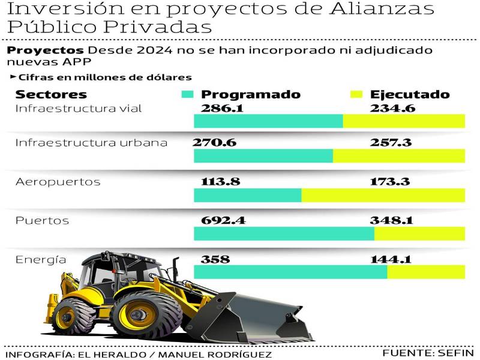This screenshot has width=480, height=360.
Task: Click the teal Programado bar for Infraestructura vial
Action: coord(268,121)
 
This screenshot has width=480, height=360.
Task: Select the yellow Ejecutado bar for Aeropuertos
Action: coord(383,196)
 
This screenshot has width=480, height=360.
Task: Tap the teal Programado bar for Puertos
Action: coord(284,234)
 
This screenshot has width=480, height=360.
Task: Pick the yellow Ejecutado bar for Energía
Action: coord(426,272)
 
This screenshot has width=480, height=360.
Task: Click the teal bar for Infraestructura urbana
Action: coord(263,156)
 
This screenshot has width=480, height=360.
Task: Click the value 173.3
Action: coord(391,181)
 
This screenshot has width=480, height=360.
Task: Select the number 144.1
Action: coord(391,259)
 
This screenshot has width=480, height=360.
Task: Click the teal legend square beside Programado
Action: coord(188,95)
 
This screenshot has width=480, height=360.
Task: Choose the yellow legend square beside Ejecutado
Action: coord(357,95)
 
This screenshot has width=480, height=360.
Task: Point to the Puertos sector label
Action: coord(42,221)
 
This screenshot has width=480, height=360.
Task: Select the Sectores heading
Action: coord(51,95)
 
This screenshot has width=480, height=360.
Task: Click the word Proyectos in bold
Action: coord(45,50)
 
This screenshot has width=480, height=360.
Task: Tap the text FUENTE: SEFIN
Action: coord(427,352)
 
